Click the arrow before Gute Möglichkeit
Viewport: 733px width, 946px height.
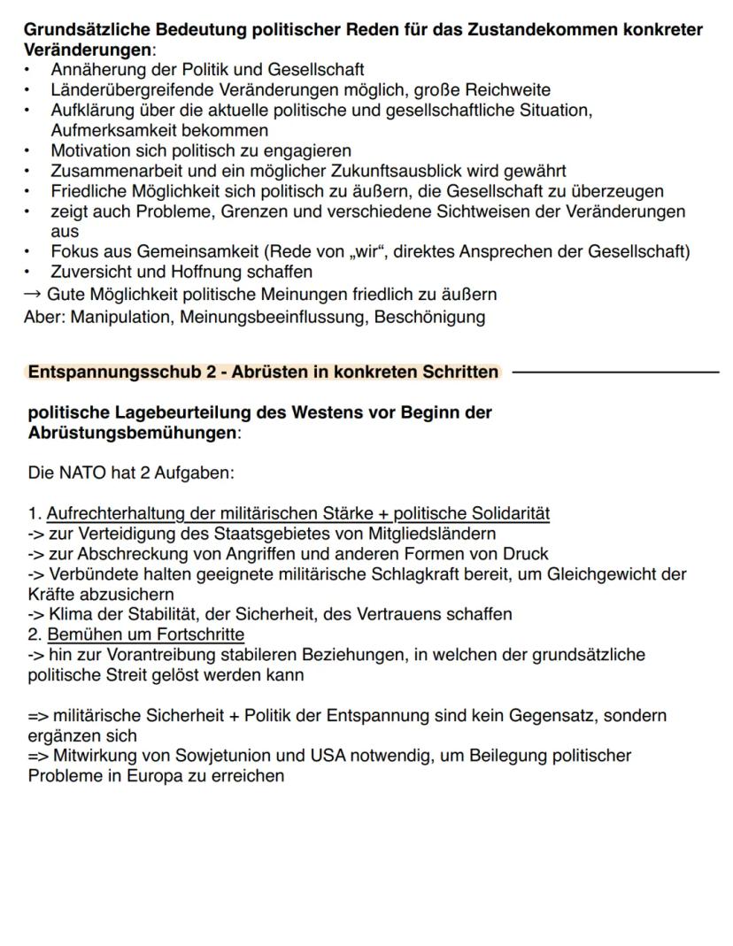point(34,294)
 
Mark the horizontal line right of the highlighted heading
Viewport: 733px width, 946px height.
point(615,372)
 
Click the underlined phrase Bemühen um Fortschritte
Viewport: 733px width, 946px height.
point(145,635)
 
